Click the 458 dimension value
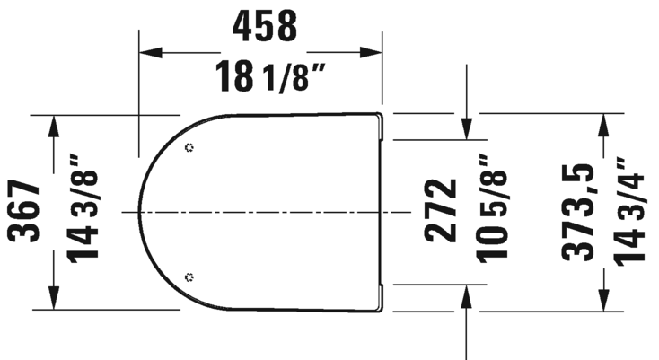(265, 27)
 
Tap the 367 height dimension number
(24, 212)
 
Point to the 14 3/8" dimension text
(86, 212)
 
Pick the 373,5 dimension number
(577, 212)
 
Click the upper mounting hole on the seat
(188, 147)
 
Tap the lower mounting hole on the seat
(188, 277)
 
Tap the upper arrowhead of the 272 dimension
(467, 130)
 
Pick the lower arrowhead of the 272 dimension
(467, 295)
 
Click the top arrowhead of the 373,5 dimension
(606, 123)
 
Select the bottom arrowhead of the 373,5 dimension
(606, 302)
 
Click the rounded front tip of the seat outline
(141, 212)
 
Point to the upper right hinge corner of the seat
(381, 117)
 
